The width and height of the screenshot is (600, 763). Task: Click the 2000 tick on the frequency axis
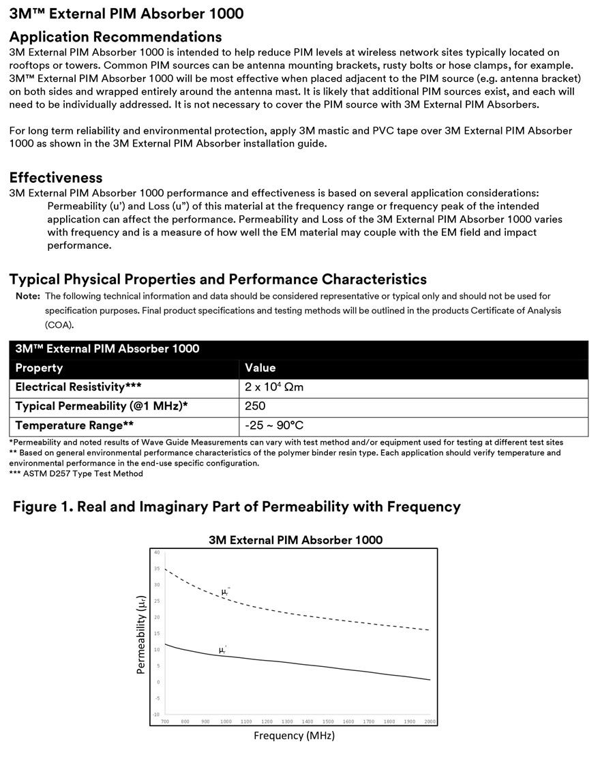click(x=430, y=721)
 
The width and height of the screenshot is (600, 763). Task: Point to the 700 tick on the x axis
click(x=164, y=721)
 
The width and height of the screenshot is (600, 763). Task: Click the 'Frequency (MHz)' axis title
click(x=294, y=736)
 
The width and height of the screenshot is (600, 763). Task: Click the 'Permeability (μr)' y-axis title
click(x=141, y=633)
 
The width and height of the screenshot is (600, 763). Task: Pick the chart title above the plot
click(x=295, y=540)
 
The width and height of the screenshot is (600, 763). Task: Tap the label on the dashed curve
click(x=226, y=592)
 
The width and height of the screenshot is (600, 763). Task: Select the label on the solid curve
click(x=222, y=650)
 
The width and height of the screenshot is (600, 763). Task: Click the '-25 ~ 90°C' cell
click(x=273, y=425)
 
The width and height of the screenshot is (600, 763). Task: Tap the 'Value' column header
click(x=260, y=368)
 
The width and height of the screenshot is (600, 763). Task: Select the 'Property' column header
click(x=39, y=368)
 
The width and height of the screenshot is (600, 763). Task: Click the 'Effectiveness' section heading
click(x=56, y=179)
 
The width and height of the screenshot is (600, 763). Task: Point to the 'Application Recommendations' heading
click(x=115, y=37)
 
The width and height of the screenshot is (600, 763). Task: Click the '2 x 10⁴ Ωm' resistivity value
click(x=273, y=387)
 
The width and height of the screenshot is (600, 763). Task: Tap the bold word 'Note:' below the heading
click(x=28, y=297)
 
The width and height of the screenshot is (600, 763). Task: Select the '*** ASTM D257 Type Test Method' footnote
click(x=76, y=474)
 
